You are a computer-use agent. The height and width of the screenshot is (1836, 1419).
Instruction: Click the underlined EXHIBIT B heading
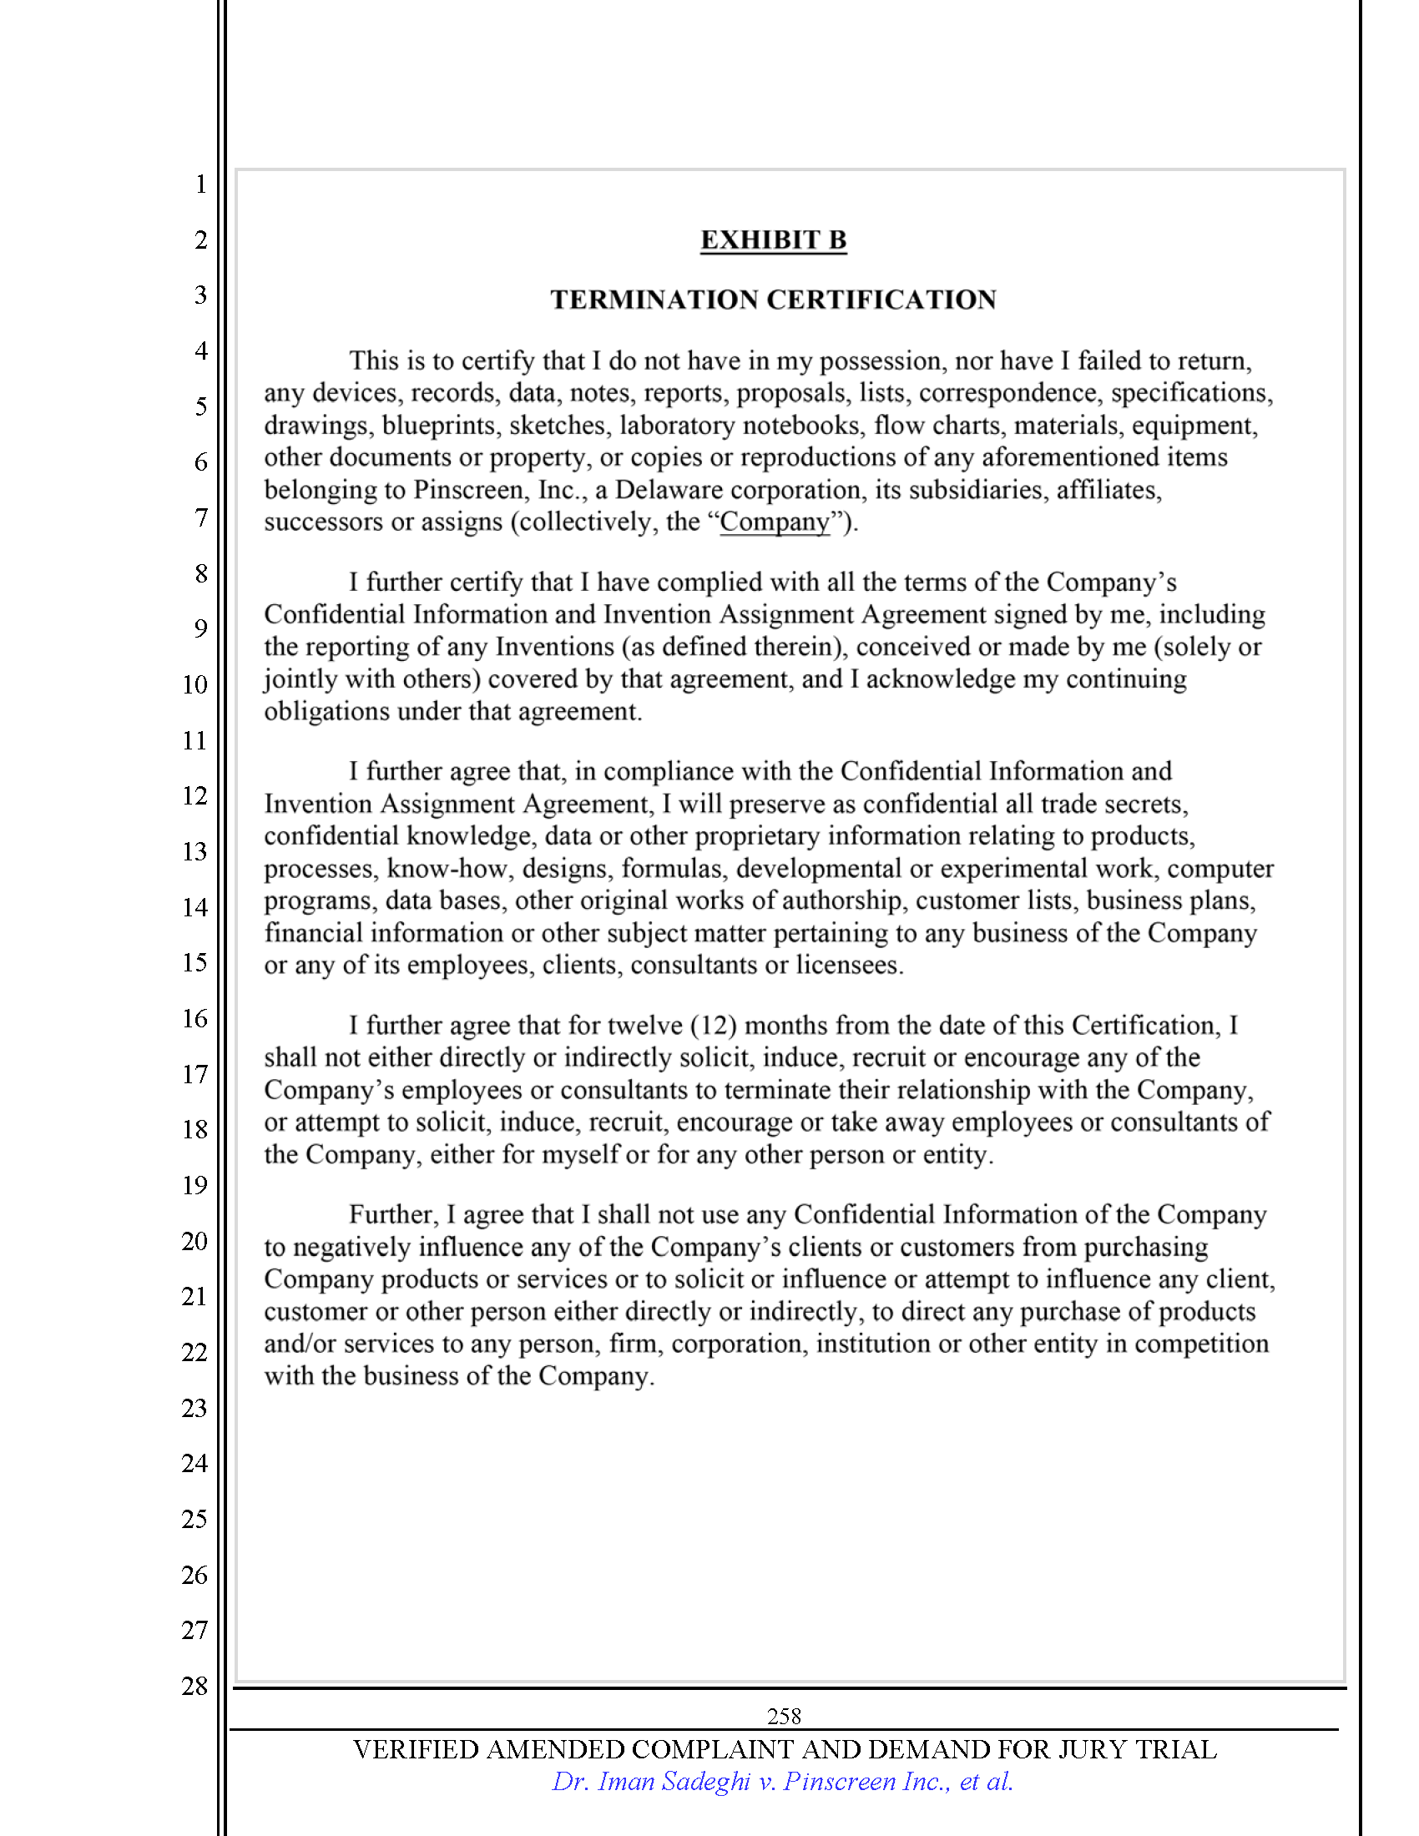(773, 240)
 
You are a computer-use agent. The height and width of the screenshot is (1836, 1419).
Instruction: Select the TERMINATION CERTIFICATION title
(773, 300)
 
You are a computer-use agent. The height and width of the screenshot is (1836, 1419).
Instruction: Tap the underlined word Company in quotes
(775, 522)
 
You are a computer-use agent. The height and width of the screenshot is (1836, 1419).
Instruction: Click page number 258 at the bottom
(784, 1716)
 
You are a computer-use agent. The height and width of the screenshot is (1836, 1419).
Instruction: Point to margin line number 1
(201, 184)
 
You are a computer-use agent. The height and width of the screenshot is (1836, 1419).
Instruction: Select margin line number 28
(194, 1686)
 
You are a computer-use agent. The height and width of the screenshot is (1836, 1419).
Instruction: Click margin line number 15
(194, 962)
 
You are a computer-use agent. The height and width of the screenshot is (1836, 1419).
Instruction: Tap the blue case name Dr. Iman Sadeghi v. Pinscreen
(782, 1782)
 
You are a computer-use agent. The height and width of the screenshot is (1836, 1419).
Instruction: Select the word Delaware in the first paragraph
(669, 490)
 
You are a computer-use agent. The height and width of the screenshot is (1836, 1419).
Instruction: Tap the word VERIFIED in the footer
(416, 1749)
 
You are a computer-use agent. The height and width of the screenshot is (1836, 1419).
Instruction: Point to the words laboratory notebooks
(740, 426)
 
